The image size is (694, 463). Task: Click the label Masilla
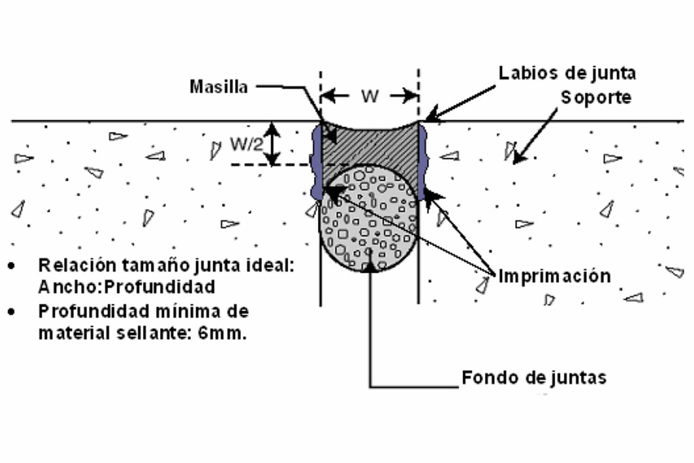tap(218, 87)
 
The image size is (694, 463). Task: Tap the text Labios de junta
tap(567, 73)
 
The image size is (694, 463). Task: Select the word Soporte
tap(596, 97)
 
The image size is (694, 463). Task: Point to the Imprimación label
tap(554, 276)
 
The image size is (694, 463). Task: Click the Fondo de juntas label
tap(534, 378)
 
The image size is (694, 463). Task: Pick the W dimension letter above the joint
tap(370, 96)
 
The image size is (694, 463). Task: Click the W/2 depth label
tap(246, 144)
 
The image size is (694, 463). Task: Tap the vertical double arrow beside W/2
tap(273, 144)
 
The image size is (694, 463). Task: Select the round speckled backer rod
tap(368, 218)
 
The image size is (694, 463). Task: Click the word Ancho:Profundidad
tap(127, 287)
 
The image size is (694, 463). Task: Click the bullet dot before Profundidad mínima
tap(12, 312)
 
